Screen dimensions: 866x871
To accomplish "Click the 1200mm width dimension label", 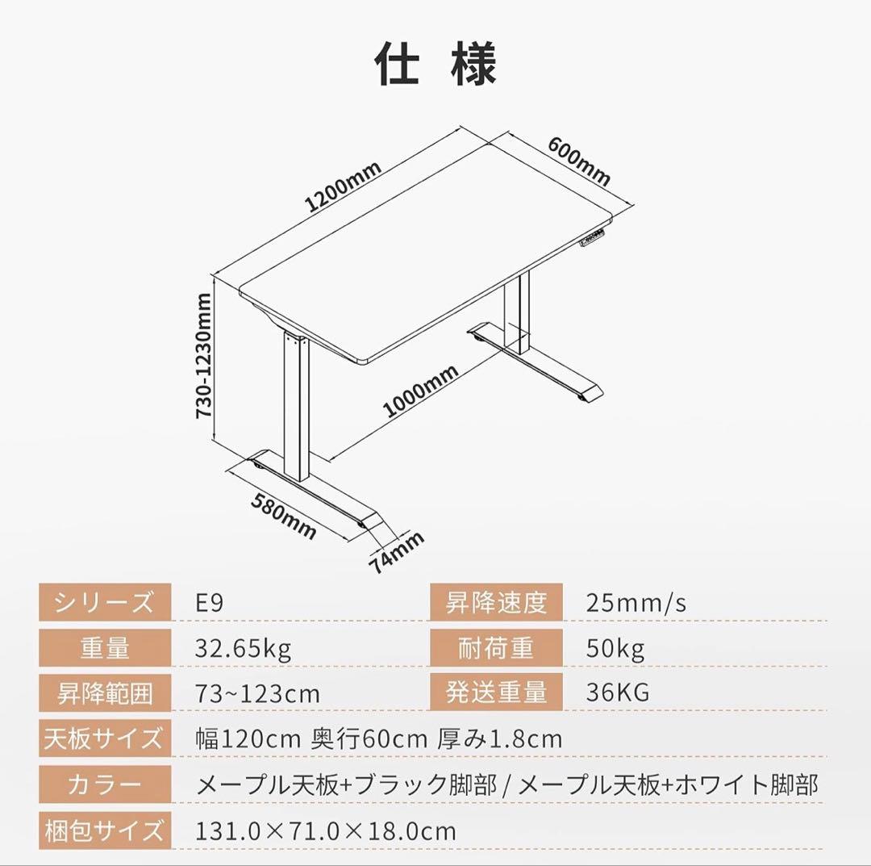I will pyautogui.click(x=343, y=187).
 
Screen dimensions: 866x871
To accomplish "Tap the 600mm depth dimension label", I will pyautogui.click(x=579, y=161).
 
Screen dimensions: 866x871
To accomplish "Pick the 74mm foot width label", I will pyautogui.click(x=397, y=552).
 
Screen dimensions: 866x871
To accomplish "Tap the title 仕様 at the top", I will pyautogui.click(x=435, y=64).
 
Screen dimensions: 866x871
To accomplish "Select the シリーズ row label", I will pyautogui.click(x=105, y=602).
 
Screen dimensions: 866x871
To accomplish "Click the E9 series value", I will pyautogui.click(x=210, y=603).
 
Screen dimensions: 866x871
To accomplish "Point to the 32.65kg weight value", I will pyautogui.click(x=243, y=648).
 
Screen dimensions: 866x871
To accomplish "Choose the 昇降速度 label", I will pyautogui.click(x=496, y=602).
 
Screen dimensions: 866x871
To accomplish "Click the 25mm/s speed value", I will pyautogui.click(x=636, y=603).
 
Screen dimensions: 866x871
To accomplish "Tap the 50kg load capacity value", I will pyautogui.click(x=615, y=648).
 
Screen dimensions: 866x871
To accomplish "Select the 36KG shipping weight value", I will pyautogui.click(x=618, y=692).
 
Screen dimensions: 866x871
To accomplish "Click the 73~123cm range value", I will pyautogui.click(x=258, y=693).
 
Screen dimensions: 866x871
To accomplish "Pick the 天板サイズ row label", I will pyautogui.click(x=105, y=738).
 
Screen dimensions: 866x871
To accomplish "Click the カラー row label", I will pyautogui.click(x=105, y=784).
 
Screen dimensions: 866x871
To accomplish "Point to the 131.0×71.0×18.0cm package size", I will pyautogui.click(x=326, y=830).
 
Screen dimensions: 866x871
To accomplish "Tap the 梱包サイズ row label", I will pyautogui.click(x=105, y=830).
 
